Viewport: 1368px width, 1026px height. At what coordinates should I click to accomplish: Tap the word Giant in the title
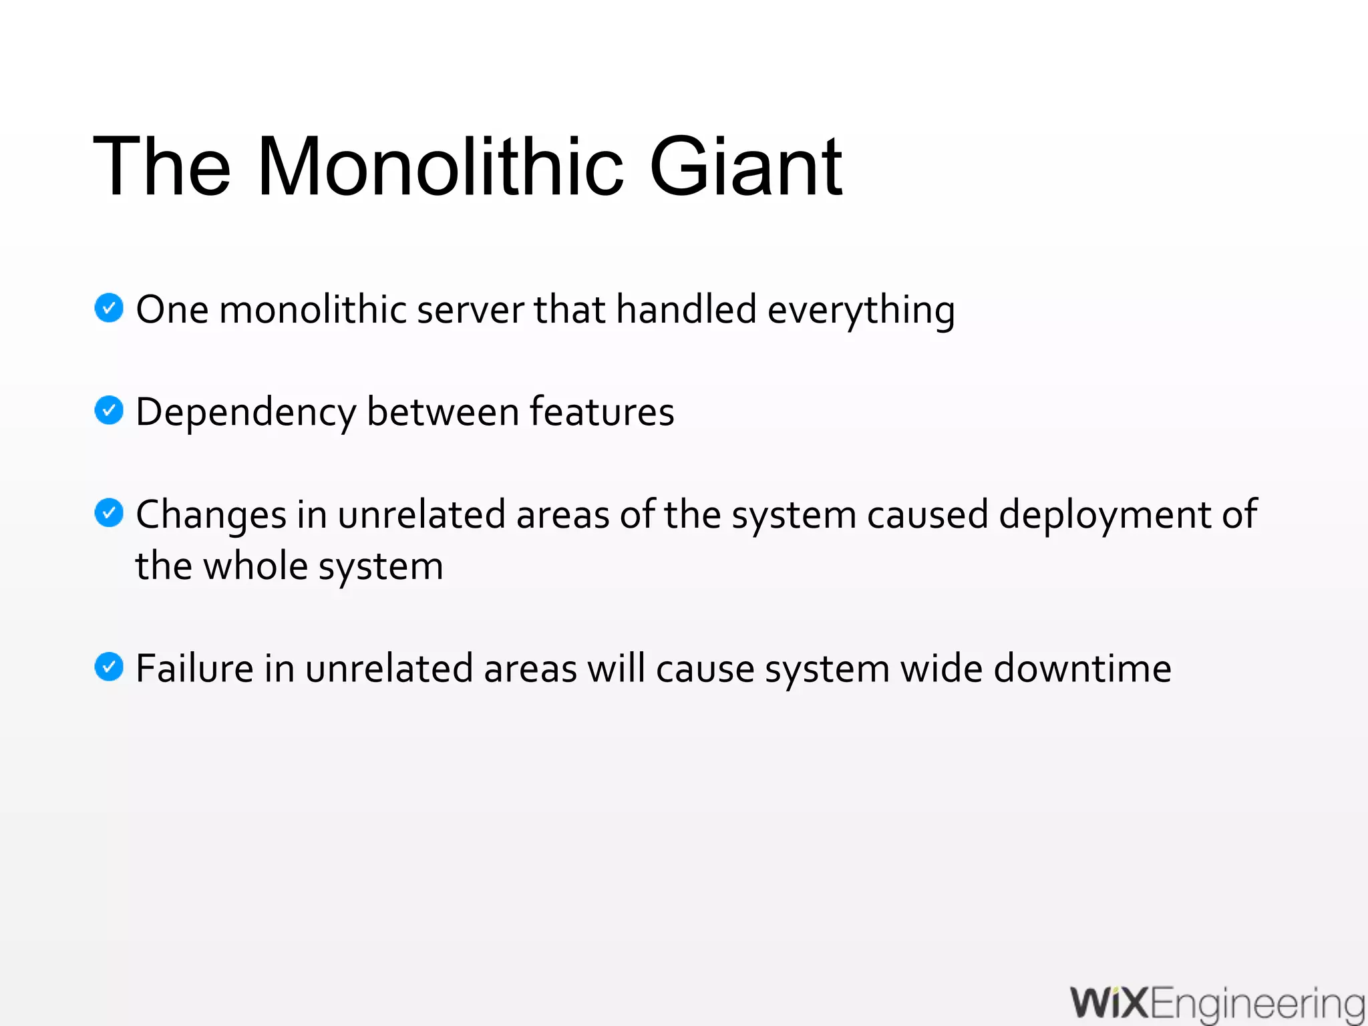[x=745, y=166]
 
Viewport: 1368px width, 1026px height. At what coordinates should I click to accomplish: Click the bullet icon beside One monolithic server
[x=109, y=308]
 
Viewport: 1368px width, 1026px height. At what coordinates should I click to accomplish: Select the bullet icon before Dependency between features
[x=109, y=410]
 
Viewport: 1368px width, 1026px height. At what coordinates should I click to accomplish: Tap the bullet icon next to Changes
[x=109, y=513]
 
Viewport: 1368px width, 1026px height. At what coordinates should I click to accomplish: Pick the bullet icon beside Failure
[x=109, y=667]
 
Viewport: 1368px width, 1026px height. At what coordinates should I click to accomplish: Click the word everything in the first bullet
[x=861, y=311]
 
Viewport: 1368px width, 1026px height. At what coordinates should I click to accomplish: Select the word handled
[x=686, y=309]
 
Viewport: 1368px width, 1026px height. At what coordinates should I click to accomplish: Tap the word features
[x=602, y=411]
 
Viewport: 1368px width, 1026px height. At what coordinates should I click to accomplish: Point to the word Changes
[x=211, y=516]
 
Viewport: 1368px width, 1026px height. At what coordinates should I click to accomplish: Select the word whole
[x=255, y=566]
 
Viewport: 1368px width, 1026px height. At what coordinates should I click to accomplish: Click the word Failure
[x=194, y=668]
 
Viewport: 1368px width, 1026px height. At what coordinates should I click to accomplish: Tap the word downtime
[x=1082, y=668]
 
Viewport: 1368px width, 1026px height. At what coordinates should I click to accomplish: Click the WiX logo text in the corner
[x=1109, y=1003]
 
